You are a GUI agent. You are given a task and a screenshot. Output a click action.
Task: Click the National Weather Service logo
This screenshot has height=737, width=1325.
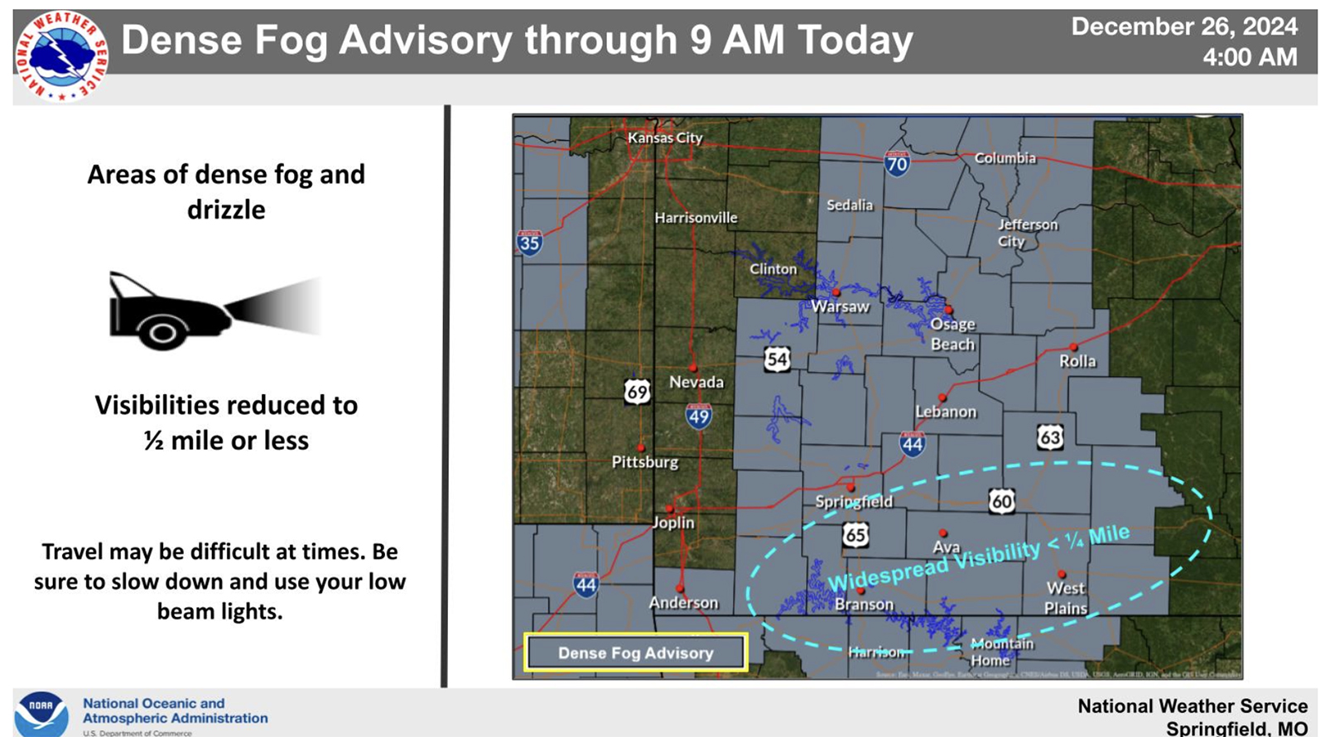coord(60,55)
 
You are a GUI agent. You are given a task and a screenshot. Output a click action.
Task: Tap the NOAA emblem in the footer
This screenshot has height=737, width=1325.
coord(41,712)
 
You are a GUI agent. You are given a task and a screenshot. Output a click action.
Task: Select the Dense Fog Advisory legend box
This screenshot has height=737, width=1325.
coord(635,653)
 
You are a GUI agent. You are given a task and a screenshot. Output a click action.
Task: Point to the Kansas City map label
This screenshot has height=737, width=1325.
coord(664,137)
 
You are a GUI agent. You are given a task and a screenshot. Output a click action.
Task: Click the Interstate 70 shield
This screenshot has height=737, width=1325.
coord(897,162)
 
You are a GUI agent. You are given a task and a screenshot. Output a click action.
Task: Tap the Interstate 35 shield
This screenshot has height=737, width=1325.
coord(529,243)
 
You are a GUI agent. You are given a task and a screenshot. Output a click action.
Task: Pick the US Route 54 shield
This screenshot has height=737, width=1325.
coord(776,359)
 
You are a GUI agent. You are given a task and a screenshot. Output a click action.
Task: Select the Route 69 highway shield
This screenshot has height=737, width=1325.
coord(636,391)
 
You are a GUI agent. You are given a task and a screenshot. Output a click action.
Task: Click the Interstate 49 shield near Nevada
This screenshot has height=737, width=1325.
coord(698,416)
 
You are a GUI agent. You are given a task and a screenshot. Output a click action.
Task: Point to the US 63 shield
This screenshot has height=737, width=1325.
coord(1049,436)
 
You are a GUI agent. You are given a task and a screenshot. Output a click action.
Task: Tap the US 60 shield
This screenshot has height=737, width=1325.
coord(1001,501)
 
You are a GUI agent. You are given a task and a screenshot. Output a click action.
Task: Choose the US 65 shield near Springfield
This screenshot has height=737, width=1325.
coord(855,535)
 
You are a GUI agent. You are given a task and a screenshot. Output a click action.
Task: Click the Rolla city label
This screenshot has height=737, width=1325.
coord(1077,361)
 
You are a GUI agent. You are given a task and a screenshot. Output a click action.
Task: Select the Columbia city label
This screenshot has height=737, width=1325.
coord(1005,157)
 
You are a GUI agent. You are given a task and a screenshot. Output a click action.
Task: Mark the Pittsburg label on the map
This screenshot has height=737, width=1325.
coord(644,462)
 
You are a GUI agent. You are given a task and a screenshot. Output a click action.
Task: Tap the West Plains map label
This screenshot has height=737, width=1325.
coord(1065,598)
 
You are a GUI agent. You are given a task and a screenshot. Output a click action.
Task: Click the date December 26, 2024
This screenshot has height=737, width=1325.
coord(1184,26)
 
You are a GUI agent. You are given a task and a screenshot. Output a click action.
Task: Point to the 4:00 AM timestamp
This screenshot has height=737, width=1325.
coord(1250,57)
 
